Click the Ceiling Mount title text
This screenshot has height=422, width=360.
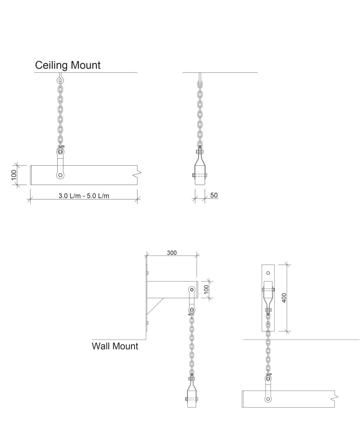tap(68, 66)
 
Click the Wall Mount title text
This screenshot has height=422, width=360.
tap(115, 346)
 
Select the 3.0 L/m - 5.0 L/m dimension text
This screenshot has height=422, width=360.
tap(84, 196)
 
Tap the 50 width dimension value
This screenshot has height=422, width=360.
tap(214, 195)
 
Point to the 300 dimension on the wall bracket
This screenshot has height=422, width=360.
tap(172, 253)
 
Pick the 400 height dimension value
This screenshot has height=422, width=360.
tap(284, 298)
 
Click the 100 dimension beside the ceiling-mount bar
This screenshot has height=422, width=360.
tap(14, 175)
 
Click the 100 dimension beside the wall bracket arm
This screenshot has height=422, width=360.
tap(206, 290)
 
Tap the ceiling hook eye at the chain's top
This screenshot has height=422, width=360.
tap(60, 80)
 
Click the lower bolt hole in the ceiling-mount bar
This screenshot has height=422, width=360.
tap(60, 175)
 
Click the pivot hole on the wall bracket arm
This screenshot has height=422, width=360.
tap(192, 290)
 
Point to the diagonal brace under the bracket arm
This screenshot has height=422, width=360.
tap(155, 306)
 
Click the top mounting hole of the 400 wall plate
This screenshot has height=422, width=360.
tap(268, 273)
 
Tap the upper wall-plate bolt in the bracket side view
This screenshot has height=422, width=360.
tap(147, 273)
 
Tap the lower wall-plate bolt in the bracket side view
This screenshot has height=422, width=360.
tap(147, 323)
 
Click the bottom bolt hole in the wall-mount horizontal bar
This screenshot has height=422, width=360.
tap(268, 399)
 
